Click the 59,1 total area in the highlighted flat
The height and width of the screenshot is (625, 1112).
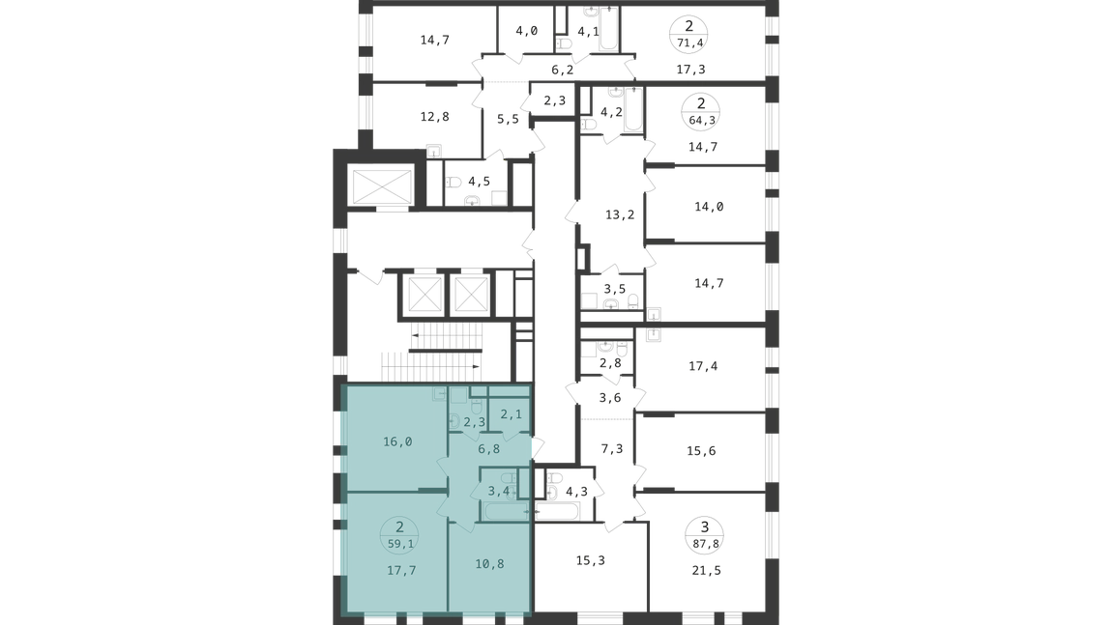(400, 544)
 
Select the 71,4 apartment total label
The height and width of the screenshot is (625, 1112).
(689, 43)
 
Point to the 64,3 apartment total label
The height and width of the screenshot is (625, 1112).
(701, 121)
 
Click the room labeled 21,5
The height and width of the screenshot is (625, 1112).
(706, 571)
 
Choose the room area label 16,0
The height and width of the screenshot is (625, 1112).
(397, 442)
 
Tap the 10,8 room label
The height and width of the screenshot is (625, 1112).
(490, 564)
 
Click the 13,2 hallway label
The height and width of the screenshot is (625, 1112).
(620, 214)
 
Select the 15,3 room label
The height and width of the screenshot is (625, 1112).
(591, 560)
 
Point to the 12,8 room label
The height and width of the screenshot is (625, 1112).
(435, 117)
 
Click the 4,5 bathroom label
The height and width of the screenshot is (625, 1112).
(479, 182)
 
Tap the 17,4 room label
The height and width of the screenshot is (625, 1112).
(703, 366)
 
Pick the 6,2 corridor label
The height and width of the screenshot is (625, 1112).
(563, 70)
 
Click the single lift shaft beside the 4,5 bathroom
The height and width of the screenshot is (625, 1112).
(382, 186)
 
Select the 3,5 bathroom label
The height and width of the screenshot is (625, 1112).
(615, 289)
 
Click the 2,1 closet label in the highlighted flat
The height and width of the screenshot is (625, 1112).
(512, 414)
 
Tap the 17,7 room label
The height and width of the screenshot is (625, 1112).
(401, 571)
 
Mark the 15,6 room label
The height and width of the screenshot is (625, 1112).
(701, 451)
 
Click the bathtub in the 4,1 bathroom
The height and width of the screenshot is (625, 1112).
(609, 29)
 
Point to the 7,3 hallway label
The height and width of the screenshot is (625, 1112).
(612, 448)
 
